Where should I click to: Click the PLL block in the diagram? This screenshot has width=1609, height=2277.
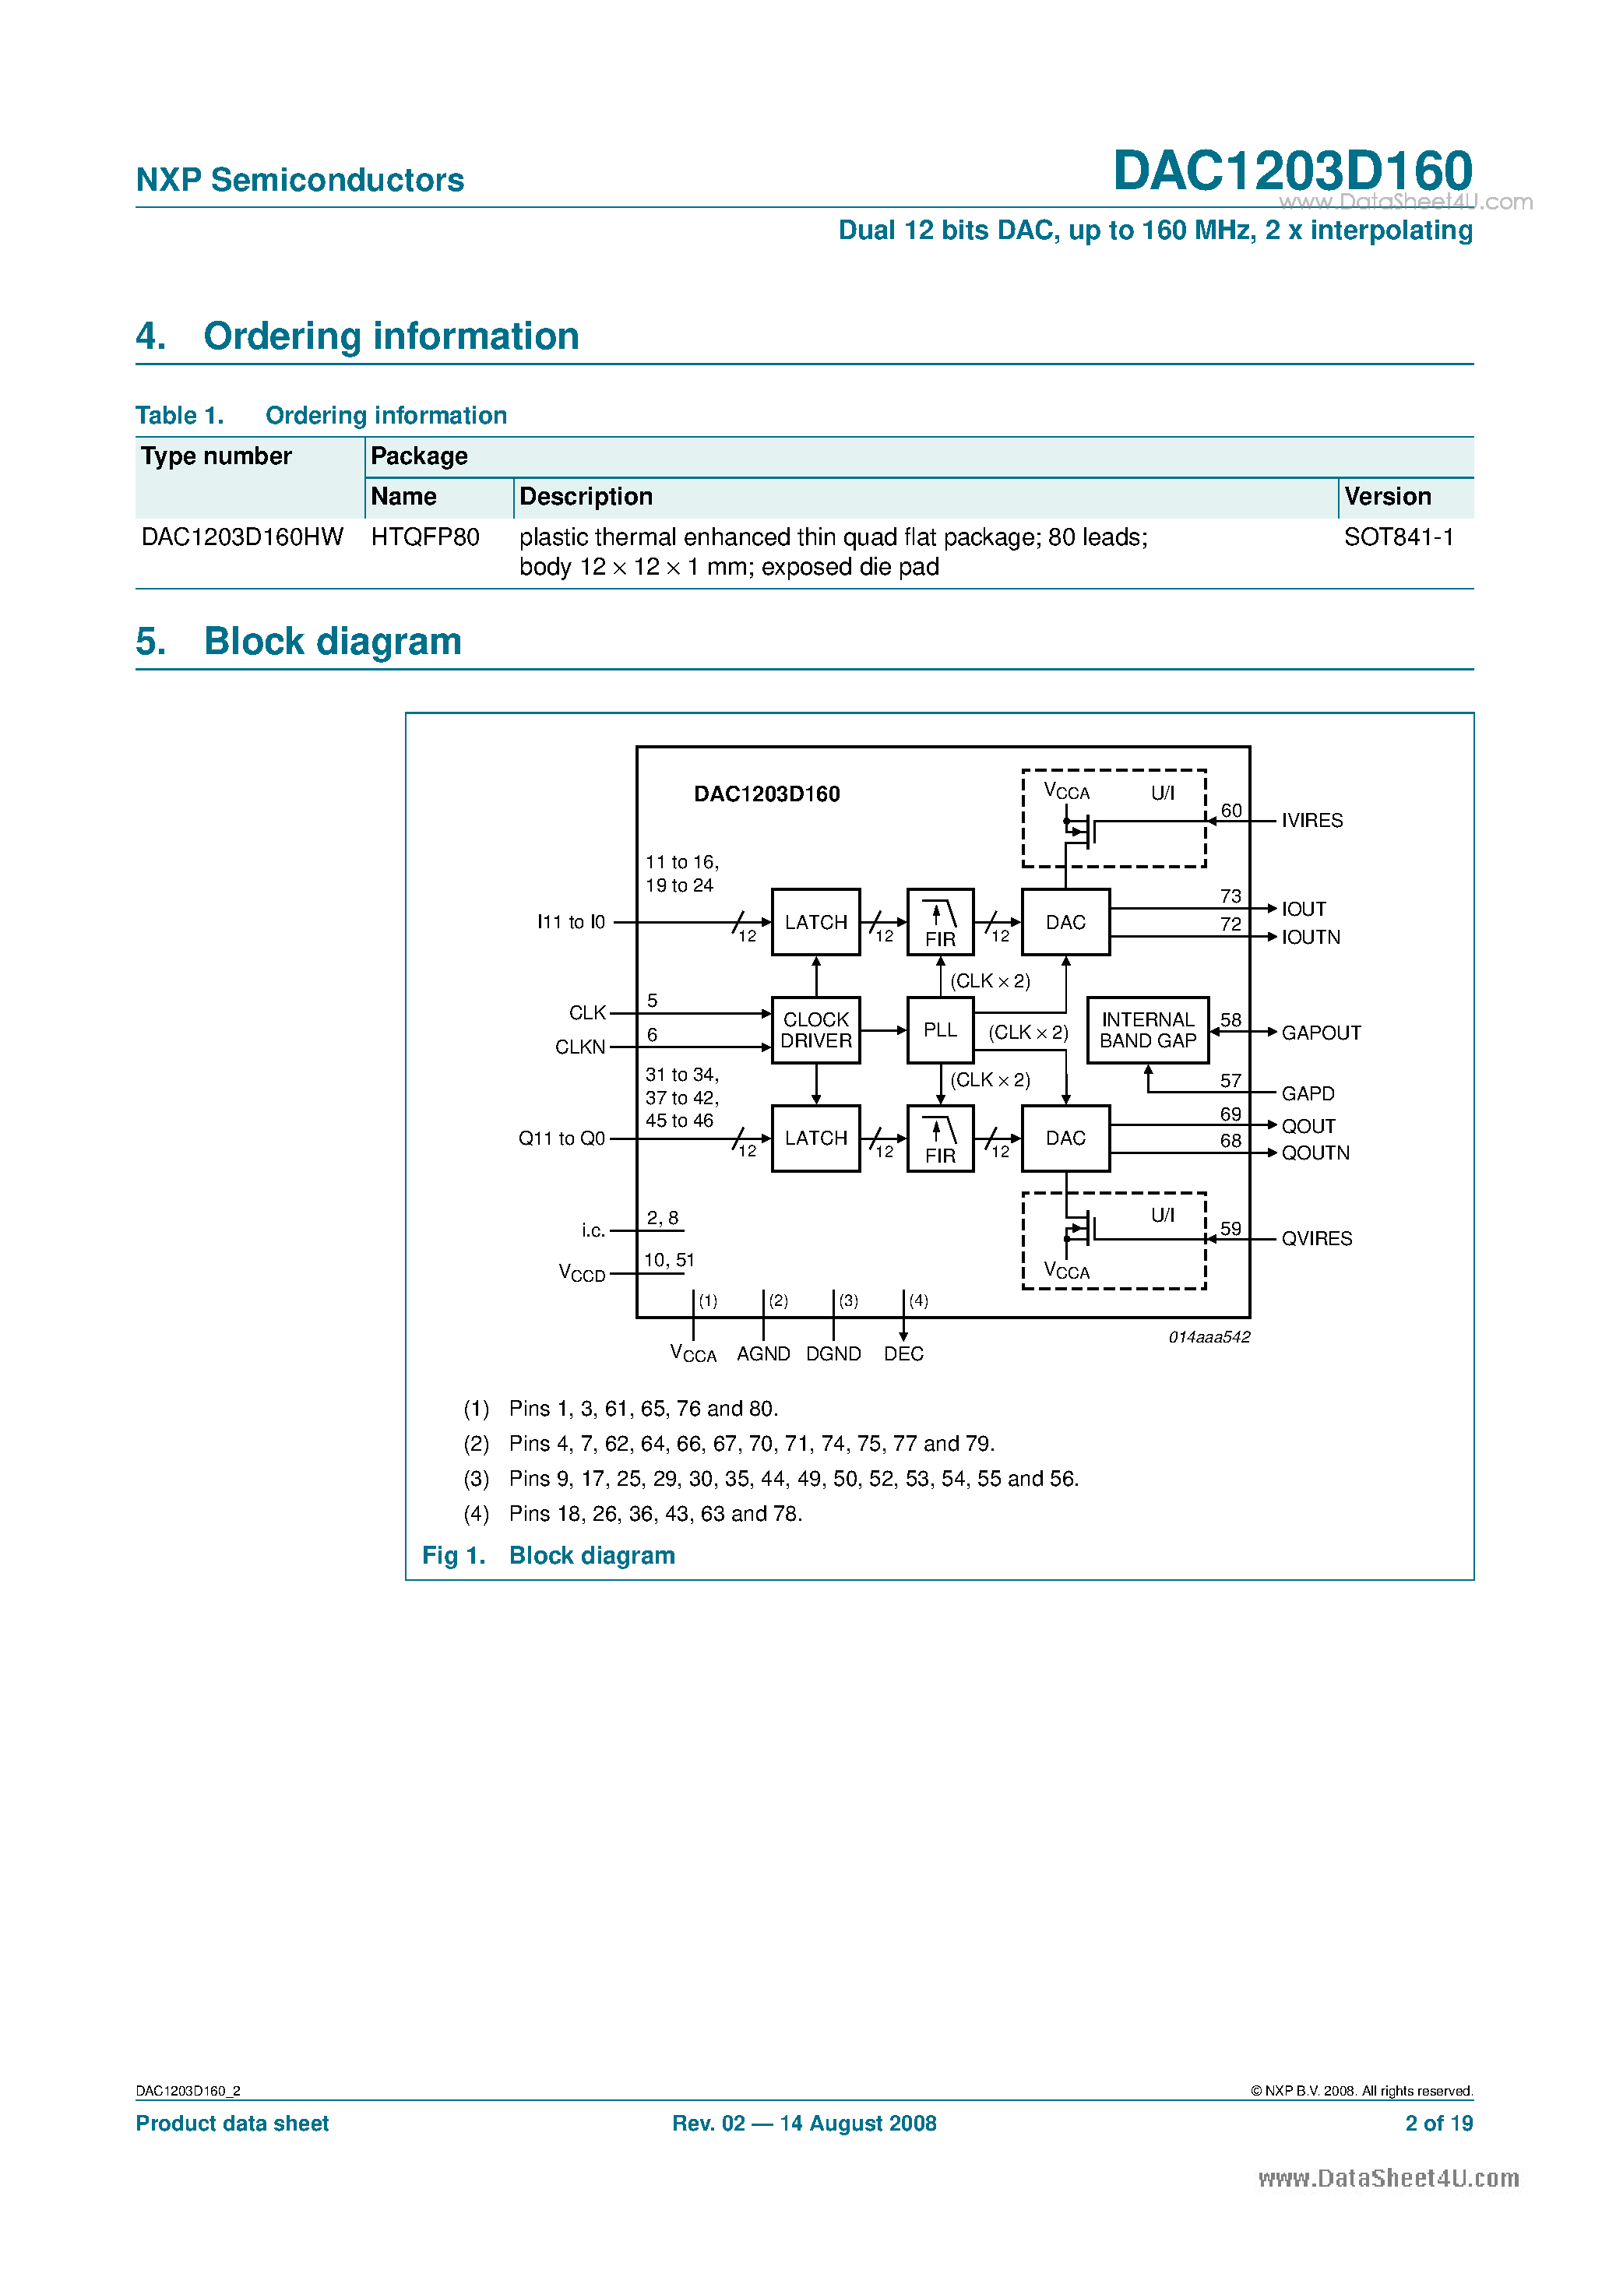tap(939, 1030)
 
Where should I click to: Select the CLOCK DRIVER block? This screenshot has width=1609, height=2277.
tap(815, 1030)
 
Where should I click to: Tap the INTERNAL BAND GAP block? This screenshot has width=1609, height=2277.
tap(1148, 1030)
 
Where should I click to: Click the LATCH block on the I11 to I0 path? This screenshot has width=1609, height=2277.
tap(815, 922)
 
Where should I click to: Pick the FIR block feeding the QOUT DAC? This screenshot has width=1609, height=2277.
tap(939, 1138)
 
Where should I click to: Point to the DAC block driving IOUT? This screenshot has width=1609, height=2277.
tap(1065, 922)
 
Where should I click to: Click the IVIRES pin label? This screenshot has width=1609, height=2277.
tap(1311, 821)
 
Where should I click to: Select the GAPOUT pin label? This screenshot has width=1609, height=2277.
tap(1320, 1033)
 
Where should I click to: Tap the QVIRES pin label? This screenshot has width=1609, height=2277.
tap(1316, 1239)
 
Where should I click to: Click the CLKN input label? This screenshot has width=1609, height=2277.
tap(580, 1047)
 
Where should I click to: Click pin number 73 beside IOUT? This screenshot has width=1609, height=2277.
tap(1230, 896)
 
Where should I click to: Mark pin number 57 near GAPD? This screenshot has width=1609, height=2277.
tap(1230, 1081)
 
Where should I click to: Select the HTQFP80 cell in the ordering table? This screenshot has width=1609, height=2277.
tap(424, 537)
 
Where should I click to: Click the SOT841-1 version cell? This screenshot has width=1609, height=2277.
tap(1399, 537)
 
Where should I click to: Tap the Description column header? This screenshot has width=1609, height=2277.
tap(586, 497)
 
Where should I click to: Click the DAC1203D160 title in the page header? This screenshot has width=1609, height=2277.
tap(1291, 171)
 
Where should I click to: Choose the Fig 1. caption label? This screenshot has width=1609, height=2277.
tap(453, 1556)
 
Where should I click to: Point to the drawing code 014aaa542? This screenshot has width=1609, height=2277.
tap(1208, 1337)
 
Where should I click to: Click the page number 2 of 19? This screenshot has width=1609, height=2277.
tap(1438, 2124)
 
